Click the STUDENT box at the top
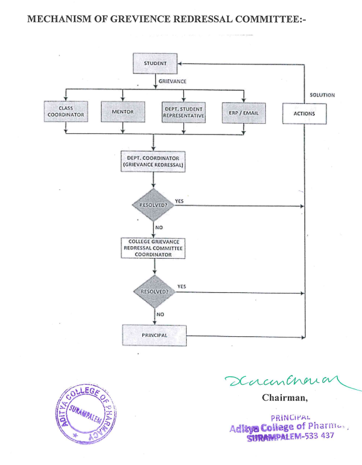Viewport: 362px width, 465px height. (155, 63)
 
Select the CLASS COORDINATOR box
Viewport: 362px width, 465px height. (65, 112)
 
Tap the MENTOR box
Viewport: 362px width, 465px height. (122, 112)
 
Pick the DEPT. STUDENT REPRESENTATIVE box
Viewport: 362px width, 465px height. (183, 112)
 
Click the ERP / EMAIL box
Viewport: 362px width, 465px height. (243, 112)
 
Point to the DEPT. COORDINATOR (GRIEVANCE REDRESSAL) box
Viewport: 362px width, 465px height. (154, 161)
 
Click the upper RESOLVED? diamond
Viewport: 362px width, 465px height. (154, 205)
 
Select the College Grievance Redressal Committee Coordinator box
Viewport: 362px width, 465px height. (154, 248)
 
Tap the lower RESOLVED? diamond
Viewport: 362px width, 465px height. (154, 291)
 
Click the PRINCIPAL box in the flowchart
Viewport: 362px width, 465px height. (154, 335)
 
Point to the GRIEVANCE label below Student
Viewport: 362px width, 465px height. (172, 81)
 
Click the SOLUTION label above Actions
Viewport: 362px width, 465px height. (322, 95)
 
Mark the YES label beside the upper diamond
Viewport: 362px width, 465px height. (179, 201)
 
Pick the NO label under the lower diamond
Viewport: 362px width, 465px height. (161, 313)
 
